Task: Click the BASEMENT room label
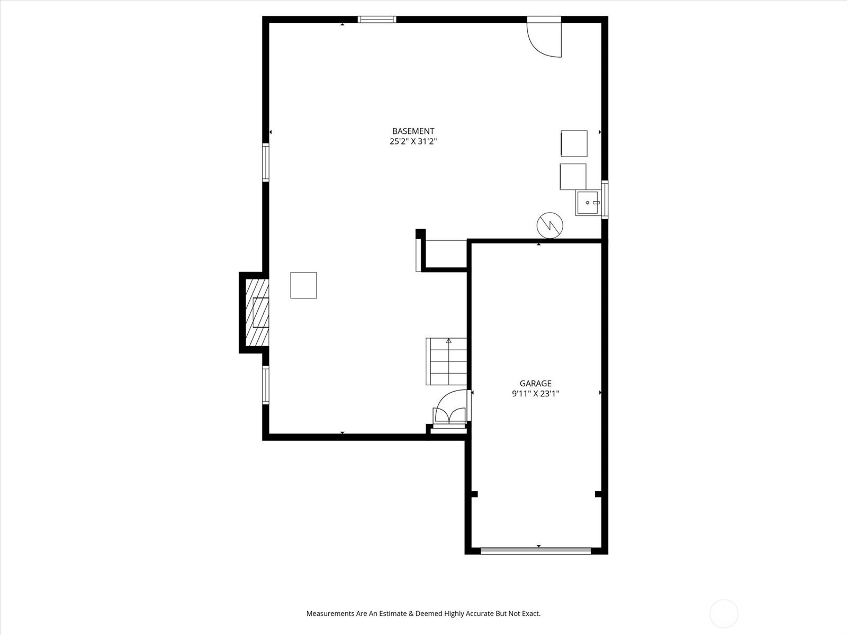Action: point(413,131)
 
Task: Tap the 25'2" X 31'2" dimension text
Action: point(413,142)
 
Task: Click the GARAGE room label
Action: point(535,384)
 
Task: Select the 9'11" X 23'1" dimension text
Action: point(535,394)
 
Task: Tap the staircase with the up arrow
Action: point(446,361)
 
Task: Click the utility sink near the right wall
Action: point(589,203)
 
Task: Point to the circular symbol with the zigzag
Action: point(549,225)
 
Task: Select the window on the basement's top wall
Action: point(376,20)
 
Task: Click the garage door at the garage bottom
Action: point(535,551)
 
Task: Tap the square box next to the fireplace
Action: point(303,285)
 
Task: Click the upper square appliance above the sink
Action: point(574,143)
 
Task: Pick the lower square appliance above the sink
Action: point(573,177)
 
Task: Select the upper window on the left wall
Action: point(266,162)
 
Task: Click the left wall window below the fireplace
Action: point(266,385)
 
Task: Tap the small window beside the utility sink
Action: point(605,199)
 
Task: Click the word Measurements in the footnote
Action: point(330,614)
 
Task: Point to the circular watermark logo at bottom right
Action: point(724,614)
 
